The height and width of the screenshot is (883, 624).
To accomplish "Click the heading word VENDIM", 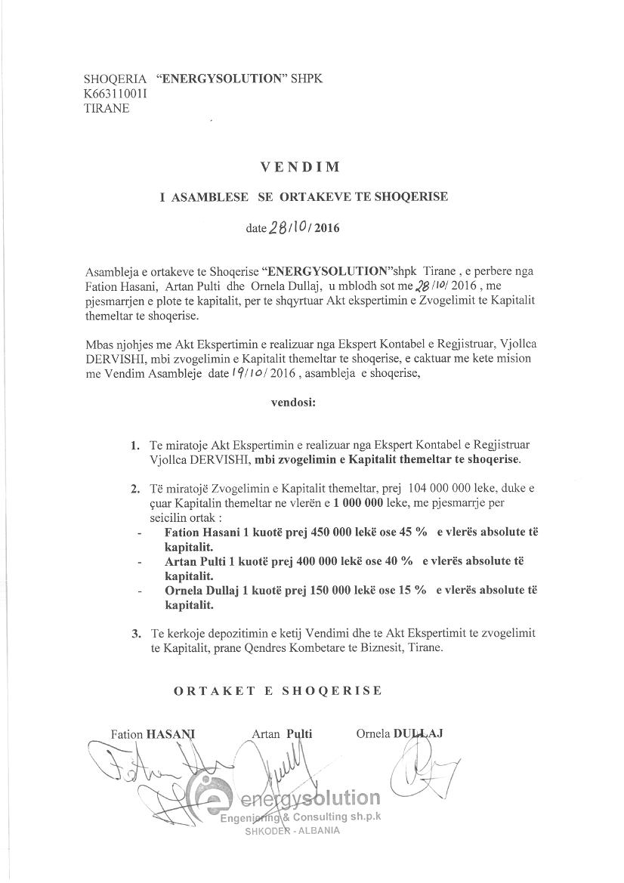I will coord(311,167).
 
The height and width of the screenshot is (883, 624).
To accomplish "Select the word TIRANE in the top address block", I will coord(107,108).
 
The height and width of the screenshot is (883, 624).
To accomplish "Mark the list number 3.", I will coord(135,632).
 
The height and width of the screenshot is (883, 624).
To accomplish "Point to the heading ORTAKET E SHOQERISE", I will coord(278,690).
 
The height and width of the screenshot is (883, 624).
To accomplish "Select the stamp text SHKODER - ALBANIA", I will coord(292,830).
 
